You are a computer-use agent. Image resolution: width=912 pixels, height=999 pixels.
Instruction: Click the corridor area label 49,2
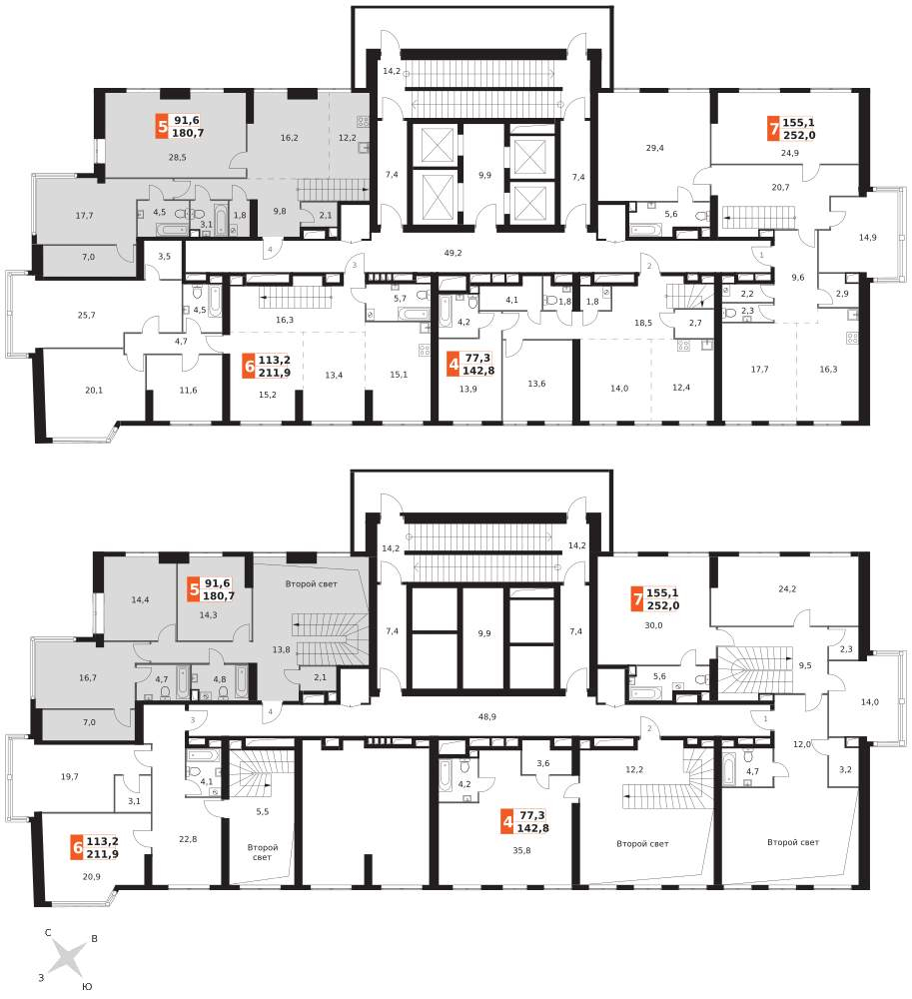pyautogui.click(x=453, y=253)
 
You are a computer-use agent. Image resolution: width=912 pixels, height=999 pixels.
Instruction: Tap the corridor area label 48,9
pyautogui.click(x=487, y=716)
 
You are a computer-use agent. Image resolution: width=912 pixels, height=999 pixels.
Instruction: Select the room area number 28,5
pyautogui.click(x=177, y=157)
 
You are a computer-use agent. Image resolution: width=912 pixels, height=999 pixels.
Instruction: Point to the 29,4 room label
pyautogui.click(x=654, y=148)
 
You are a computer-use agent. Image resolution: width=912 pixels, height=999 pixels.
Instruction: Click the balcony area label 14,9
pyautogui.click(x=867, y=237)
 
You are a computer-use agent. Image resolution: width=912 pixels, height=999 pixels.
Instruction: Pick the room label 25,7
pyautogui.click(x=87, y=315)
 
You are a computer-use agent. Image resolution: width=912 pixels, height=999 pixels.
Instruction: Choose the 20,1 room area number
pyautogui.click(x=94, y=390)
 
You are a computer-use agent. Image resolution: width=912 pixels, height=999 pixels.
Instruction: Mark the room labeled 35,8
pyautogui.click(x=521, y=850)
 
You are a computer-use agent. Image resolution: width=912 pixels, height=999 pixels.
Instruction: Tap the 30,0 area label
pyautogui.click(x=653, y=625)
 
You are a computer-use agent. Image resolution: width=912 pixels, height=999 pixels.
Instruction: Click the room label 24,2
pyautogui.click(x=787, y=588)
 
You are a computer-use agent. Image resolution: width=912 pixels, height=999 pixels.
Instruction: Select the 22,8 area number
pyautogui.click(x=188, y=839)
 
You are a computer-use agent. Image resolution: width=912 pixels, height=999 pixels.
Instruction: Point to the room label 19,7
pyautogui.click(x=69, y=776)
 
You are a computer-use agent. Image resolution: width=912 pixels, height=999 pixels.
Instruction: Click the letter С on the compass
pyautogui.click(x=48, y=933)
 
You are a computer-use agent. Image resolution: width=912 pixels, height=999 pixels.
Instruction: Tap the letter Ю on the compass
pyautogui.click(x=87, y=986)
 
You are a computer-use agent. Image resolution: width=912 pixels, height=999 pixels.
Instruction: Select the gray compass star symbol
pyautogui.click(x=68, y=959)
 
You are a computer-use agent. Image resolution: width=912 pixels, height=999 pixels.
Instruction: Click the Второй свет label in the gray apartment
pyautogui.click(x=311, y=583)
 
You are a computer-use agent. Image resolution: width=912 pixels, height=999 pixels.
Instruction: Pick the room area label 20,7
pyautogui.click(x=780, y=188)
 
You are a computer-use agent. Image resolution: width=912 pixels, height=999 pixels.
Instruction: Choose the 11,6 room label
pyautogui.click(x=188, y=390)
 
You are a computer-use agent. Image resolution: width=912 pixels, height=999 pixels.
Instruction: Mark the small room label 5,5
pyautogui.click(x=263, y=811)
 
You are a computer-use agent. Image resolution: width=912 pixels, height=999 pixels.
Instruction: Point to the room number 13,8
pyautogui.click(x=281, y=650)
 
